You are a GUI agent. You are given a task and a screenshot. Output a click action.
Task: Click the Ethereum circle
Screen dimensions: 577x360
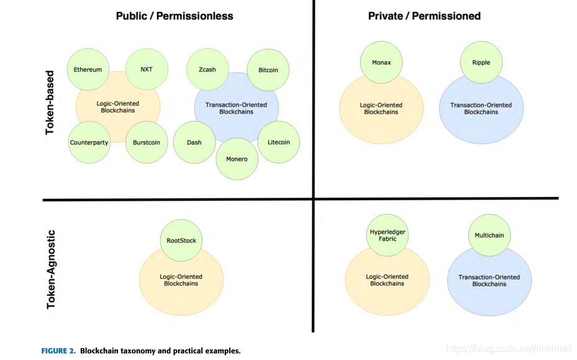(88, 70)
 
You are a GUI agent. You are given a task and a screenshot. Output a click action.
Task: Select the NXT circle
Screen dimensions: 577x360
(147, 70)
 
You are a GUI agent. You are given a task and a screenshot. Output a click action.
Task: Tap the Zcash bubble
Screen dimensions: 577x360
(207, 70)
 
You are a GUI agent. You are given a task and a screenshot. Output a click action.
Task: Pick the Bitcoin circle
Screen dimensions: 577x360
(268, 70)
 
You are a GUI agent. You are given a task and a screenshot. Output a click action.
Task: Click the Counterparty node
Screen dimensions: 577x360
(89, 142)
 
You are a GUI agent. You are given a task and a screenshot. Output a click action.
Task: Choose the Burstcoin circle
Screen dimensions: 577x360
(147, 142)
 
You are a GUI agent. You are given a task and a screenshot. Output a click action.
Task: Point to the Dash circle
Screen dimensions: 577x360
(194, 142)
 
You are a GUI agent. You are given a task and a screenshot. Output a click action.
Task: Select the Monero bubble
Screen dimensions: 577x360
(237, 159)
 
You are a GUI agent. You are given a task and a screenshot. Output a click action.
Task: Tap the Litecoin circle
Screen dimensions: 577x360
(279, 142)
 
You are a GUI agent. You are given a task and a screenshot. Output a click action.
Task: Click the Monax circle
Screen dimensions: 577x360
(381, 63)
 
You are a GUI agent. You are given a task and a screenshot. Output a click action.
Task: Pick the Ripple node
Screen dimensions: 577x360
(481, 63)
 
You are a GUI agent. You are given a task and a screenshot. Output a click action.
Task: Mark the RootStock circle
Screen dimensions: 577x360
(181, 241)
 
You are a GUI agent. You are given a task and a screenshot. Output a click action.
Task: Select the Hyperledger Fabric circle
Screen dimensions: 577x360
(388, 235)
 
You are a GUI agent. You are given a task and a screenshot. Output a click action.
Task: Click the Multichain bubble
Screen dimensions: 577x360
(489, 235)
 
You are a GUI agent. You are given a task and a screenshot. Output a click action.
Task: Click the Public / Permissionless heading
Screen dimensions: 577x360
(175, 16)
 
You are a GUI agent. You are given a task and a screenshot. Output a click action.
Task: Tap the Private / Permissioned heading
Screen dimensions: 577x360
(424, 16)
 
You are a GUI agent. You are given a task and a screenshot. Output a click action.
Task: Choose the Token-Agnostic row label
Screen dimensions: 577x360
(51, 269)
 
